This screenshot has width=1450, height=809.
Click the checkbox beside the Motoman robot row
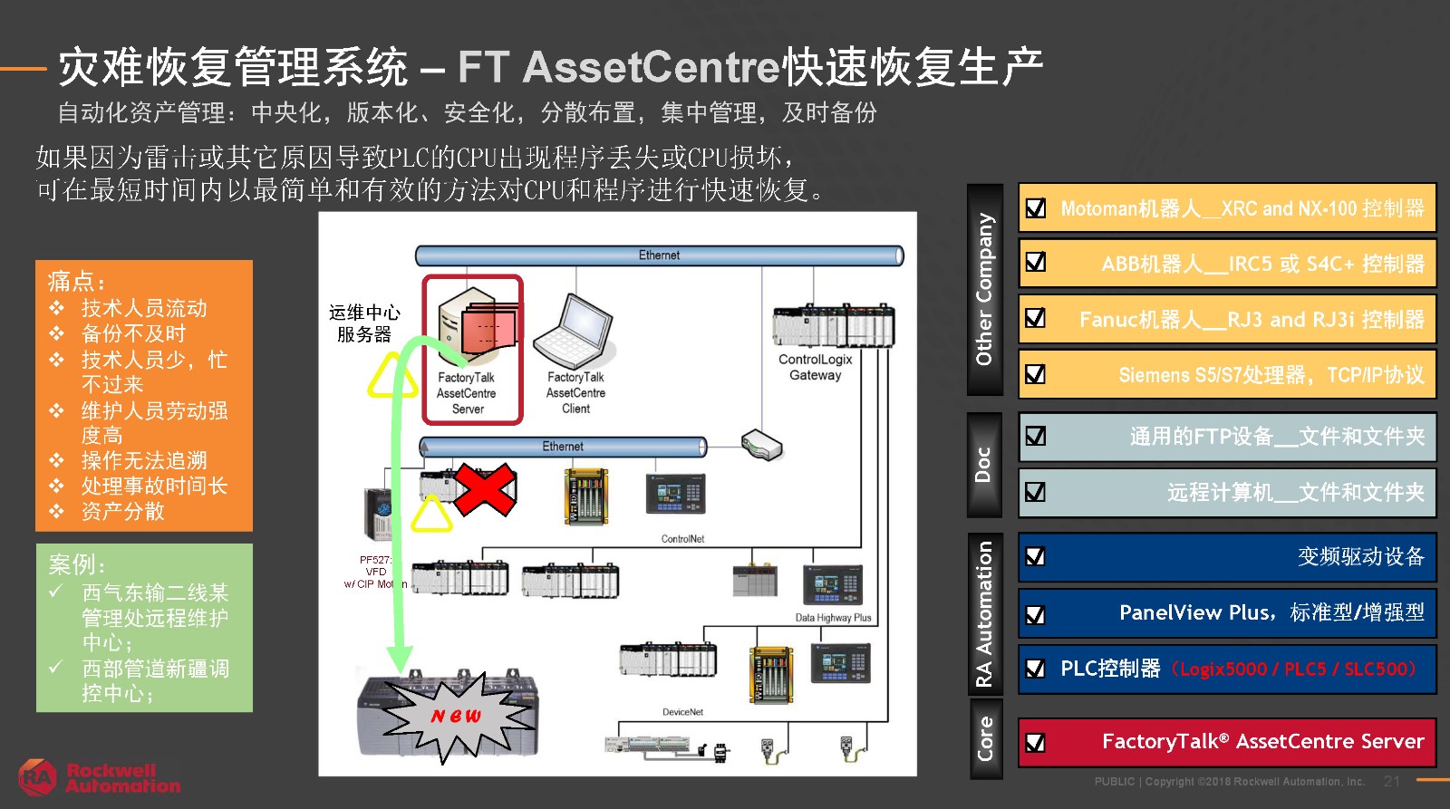(1035, 208)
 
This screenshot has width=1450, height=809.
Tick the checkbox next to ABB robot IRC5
(1035, 263)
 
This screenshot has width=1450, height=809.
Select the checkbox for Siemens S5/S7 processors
(1035, 374)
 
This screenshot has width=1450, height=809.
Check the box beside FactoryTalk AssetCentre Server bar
(1035, 743)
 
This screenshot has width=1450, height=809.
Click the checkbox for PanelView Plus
(1035, 614)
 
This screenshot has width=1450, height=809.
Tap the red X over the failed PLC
(485, 489)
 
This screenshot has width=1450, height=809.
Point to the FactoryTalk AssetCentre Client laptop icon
(573, 331)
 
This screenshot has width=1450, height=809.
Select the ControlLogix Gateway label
(815, 367)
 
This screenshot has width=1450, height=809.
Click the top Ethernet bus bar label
(659, 255)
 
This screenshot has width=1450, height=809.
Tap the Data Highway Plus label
(833, 618)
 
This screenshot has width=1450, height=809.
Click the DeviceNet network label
(682, 712)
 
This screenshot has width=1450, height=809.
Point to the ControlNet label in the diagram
(682, 539)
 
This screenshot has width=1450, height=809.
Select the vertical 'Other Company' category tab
(984, 290)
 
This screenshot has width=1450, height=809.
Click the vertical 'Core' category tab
(984, 738)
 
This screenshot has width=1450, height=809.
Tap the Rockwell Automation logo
(100, 777)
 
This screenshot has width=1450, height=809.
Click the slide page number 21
(1392, 781)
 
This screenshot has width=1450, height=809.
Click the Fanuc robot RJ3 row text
(1251, 320)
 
